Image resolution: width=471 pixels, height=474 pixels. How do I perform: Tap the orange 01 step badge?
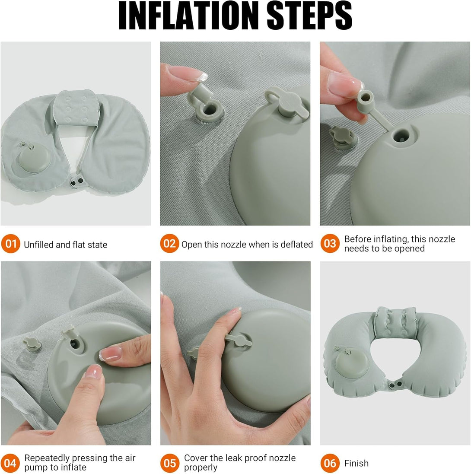click(10, 245)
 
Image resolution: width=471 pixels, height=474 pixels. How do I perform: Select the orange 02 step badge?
click(169, 245)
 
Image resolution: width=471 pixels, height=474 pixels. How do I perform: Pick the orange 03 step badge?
click(330, 245)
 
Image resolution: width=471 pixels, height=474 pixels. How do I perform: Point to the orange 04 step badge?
click(10, 463)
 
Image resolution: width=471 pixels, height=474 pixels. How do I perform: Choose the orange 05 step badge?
click(169, 463)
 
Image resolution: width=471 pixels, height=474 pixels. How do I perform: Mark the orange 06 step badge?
click(330, 463)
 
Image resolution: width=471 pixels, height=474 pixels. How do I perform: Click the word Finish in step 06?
click(356, 464)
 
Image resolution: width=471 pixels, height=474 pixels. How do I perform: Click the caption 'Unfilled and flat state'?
click(65, 245)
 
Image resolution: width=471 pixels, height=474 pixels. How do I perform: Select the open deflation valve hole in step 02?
click(208, 110)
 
